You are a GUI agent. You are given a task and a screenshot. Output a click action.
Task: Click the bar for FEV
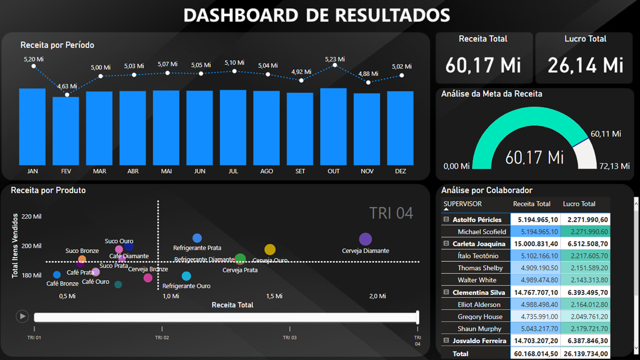pyautogui.click(x=66, y=131)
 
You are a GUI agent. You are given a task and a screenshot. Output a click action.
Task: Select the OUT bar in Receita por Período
pyautogui.click(x=333, y=126)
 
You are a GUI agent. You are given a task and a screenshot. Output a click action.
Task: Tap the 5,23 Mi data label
pyautogui.click(x=334, y=59)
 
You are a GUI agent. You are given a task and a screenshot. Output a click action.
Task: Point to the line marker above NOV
pyautogui.click(x=368, y=82)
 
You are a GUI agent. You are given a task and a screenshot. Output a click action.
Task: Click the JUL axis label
pyautogui.click(x=233, y=171)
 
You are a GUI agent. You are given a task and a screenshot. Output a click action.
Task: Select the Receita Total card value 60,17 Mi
pyautogui.click(x=483, y=65)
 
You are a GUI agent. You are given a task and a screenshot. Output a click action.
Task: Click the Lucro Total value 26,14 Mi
pyautogui.click(x=585, y=65)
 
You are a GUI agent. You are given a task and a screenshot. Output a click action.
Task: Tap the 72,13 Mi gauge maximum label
pyautogui.click(x=614, y=166)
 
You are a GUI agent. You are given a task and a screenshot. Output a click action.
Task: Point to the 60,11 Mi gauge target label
pyautogui.click(x=605, y=134)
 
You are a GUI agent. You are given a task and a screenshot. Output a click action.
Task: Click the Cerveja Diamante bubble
pyautogui.click(x=365, y=239)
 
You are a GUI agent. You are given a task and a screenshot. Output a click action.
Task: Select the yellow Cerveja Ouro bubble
pyautogui.click(x=270, y=249)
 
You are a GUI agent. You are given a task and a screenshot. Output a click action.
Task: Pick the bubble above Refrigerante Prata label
pyautogui.click(x=197, y=238)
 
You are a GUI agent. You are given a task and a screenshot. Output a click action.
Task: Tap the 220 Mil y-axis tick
pyautogui.click(x=31, y=216)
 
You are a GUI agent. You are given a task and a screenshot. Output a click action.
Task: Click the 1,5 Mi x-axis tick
pyautogui.click(x=274, y=296)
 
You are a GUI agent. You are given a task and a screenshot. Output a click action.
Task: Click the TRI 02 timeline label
pyautogui.click(x=162, y=337)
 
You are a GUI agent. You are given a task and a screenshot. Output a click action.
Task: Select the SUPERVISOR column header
pyautogui.click(x=462, y=204)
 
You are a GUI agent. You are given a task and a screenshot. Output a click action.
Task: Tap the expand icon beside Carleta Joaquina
pyautogui.click(x=446, y=243)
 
